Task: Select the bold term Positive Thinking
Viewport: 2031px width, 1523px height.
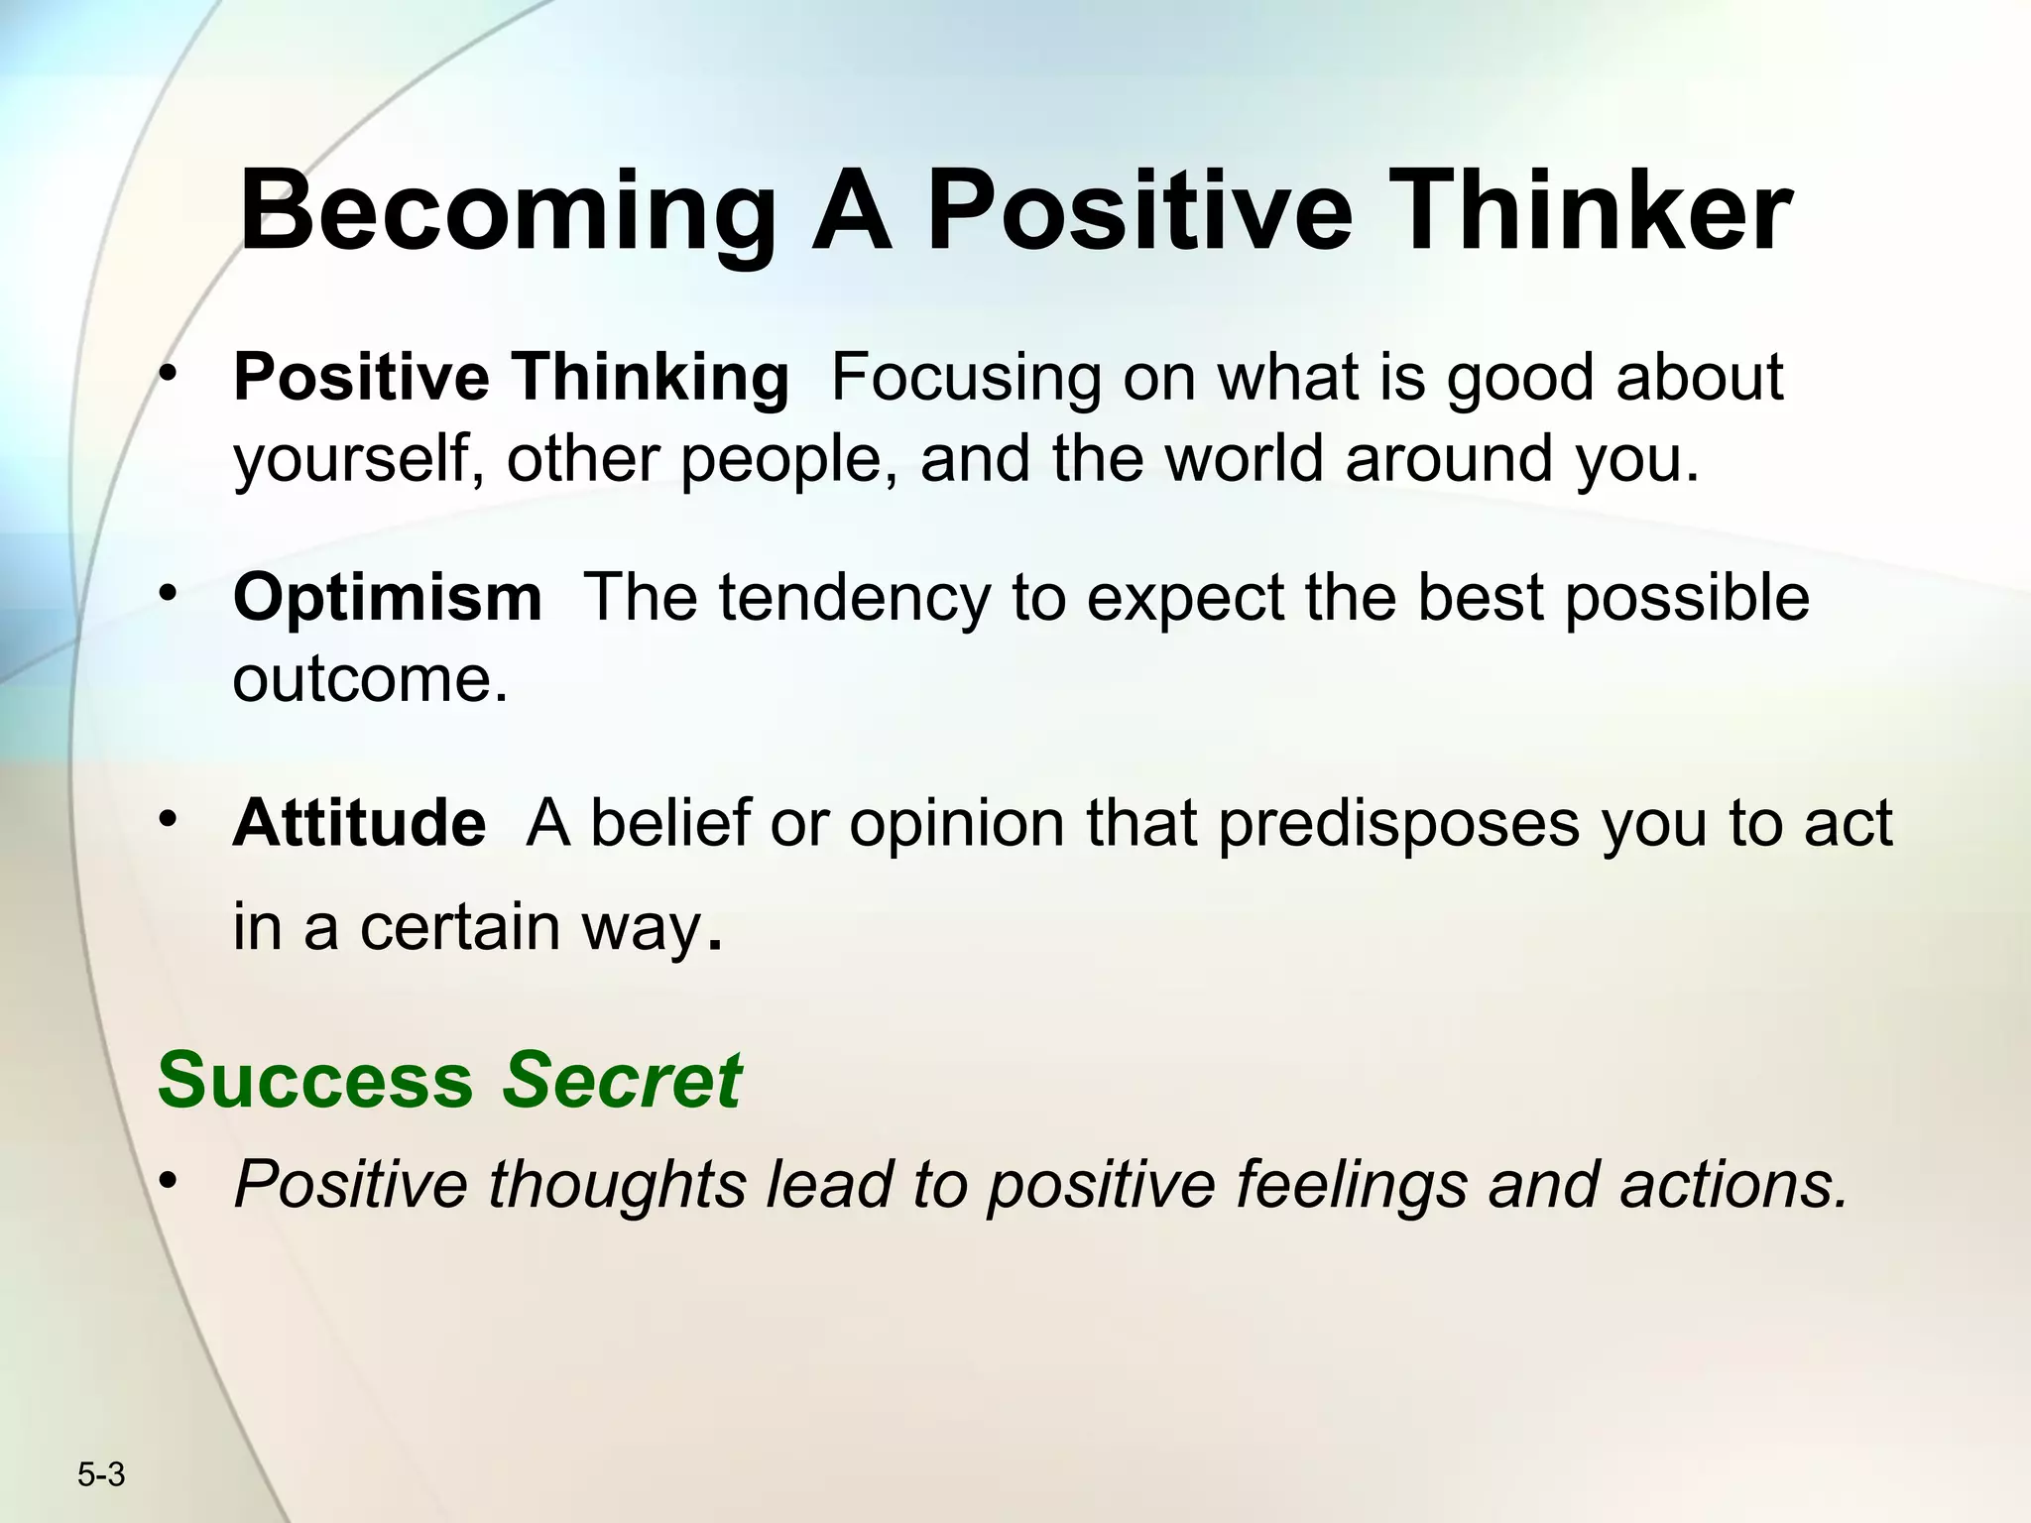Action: click(511, 379)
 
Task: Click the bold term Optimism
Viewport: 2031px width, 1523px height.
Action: click(387, 598)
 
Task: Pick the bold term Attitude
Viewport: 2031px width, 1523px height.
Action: click(359, 823)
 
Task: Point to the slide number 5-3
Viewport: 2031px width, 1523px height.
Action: click(101, 1474)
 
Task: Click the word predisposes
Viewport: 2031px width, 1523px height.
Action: click(1398, 823)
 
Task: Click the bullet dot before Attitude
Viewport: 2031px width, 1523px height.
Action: click(170, 819)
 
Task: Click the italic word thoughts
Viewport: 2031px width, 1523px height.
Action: click(616, 1184)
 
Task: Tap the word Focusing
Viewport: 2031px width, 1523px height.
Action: click(966, 379)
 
